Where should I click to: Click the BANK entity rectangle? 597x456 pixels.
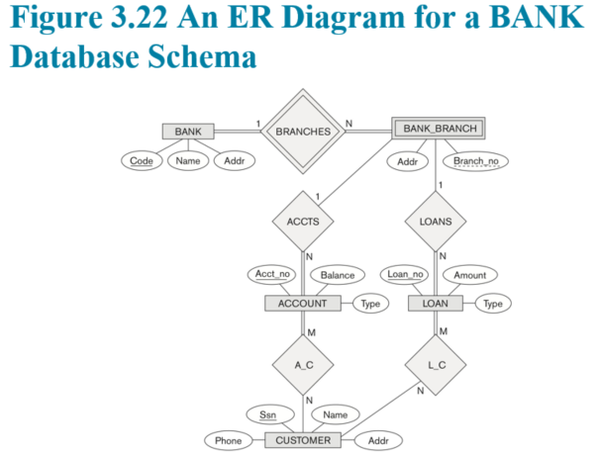(x=188, y=132)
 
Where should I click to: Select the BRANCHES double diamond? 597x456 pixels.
(x=303, y=132)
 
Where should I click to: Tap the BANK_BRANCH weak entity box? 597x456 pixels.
(x=439, y=129)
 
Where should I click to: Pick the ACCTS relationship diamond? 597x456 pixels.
(x=303, y=222)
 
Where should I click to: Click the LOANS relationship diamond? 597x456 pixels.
(x=436, y=222)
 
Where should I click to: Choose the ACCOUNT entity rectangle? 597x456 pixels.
(x=303, y=303)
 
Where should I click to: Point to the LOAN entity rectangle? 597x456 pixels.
(x=436, y=303)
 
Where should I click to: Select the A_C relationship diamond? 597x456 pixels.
(x=303, y=365)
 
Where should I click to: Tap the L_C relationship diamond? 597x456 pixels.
(x=436, y=365)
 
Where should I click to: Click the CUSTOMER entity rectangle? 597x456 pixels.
(x=303, y=440)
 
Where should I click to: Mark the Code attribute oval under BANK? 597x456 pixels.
(x=142, y=161)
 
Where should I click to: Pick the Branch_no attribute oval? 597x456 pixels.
(x=476, y=161)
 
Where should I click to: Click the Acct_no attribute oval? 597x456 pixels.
(x=272, y=274)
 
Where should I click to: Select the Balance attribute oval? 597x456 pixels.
(x=338, y=275)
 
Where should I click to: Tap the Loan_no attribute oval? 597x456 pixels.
(x=405, y=274)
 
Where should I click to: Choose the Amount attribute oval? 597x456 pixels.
(x=470, y=275)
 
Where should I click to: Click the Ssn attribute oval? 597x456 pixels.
(x=270, y=414)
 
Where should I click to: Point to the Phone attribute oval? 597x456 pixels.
(x=229, y=440)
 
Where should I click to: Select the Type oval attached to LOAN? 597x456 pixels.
(x=493, y=304)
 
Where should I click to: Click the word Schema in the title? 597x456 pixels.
(x=202, y=56)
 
